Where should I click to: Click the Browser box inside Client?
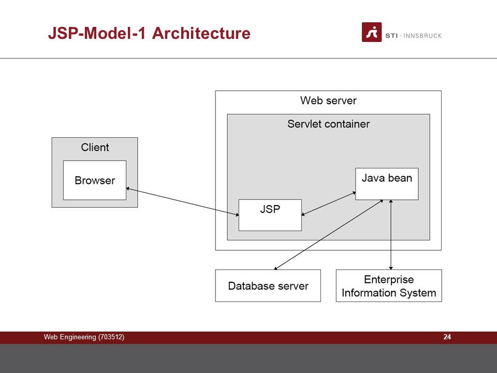95,180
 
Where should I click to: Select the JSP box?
270,215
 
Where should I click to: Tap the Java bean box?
387,184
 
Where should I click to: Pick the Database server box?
268,286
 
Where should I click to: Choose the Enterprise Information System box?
389,286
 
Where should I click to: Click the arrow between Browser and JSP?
183,202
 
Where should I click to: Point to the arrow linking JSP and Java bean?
328,204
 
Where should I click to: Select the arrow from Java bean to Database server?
329,235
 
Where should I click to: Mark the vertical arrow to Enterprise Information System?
391,235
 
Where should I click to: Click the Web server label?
328,101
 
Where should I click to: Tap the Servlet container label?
328,124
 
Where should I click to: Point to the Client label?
95,147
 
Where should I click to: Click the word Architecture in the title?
201,33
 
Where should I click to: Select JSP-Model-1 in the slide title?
97,33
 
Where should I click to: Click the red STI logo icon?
372,32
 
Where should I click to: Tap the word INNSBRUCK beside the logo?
422,36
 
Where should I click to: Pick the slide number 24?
447,337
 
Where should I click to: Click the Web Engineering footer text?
70,337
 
